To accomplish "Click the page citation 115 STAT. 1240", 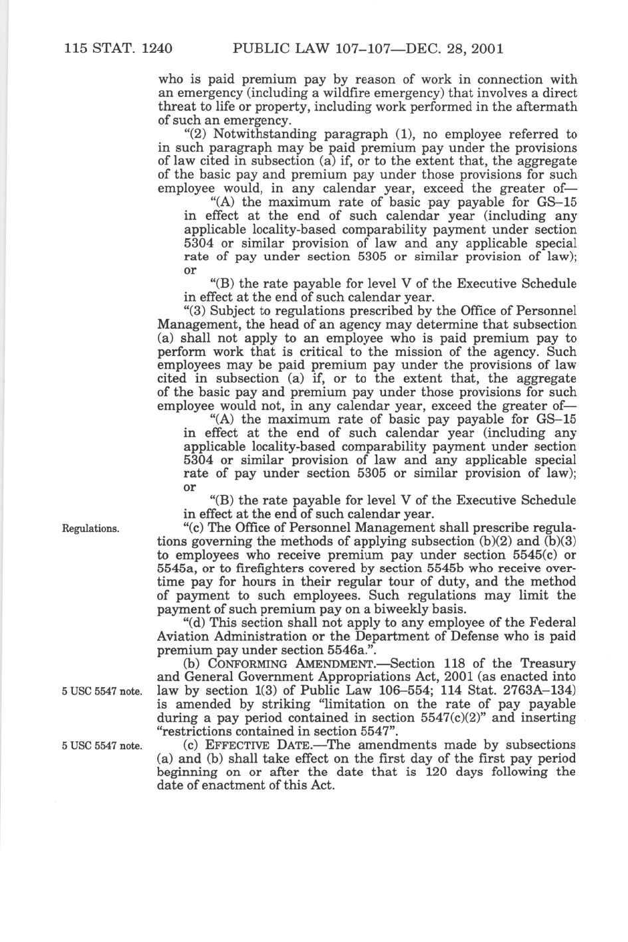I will [x=118, y=49].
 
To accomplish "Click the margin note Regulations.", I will [x=90, y=529].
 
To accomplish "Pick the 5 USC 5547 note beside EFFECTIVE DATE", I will [x=101, y=746].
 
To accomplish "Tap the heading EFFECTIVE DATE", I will [x=271, y=745].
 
